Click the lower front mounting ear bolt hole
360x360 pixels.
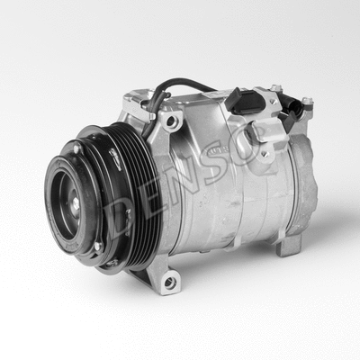(168, 283)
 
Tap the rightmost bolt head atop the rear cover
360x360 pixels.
(306, 101)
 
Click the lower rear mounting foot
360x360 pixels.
(290, 245)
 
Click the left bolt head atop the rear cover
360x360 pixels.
(276, 89)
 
